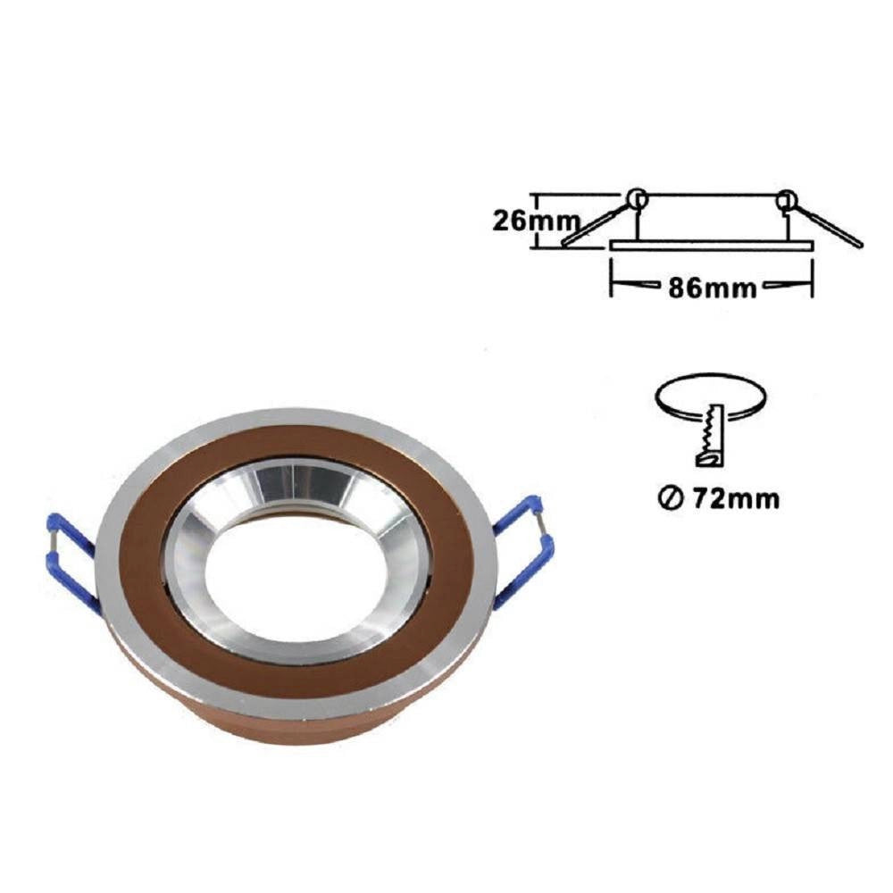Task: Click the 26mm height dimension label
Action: [536, 221]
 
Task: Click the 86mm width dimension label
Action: [712, 288]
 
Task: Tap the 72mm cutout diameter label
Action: [736, 499]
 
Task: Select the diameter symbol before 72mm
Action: [671, 499]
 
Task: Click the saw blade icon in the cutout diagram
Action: [710, 435]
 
